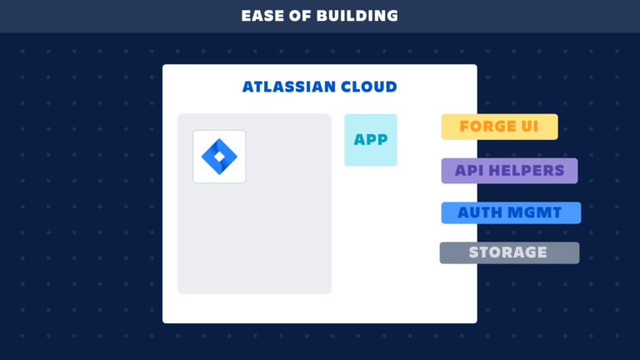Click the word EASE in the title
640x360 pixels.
coord(260,16)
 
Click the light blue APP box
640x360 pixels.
coord(371,140)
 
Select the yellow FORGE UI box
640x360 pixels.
coord(499,127)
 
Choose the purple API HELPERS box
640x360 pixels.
coord(509,171)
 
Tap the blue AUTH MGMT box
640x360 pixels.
coord(511,212)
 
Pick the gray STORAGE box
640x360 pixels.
coord(509,252)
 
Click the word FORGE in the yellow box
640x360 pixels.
coord(487,127)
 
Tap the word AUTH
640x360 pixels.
coord(480,212)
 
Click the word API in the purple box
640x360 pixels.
coord(470,171)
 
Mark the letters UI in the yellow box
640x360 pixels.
coord(529,127)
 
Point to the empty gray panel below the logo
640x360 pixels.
coord(254,242)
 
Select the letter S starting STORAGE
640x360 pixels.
coord(473,252)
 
